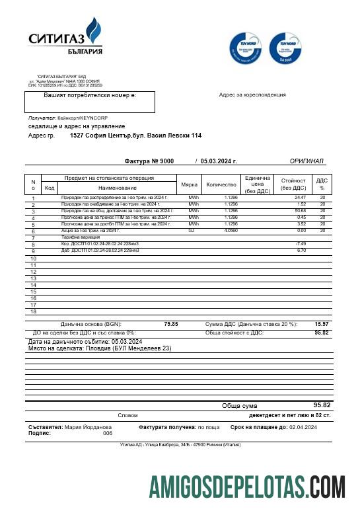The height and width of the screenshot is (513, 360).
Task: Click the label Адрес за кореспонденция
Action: coord(252,95)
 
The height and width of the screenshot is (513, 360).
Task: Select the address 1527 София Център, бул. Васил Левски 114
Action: coord(135,136)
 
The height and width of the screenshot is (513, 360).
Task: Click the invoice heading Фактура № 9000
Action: coord(149,161)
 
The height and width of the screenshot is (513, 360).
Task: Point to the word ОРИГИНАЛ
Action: coord(306,161)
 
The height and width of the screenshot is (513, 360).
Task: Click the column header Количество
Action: coord(221,184)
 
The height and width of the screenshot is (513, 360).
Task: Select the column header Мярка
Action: coord(189,184)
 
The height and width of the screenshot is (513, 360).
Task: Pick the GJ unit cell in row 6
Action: coord(192,231)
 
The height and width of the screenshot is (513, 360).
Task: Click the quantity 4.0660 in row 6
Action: coord(231,231)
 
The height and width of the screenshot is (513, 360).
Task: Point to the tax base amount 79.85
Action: coord(170,324)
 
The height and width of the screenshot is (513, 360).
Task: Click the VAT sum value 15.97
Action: coord(322,324)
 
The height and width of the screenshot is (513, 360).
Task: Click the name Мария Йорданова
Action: coord(88,428)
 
